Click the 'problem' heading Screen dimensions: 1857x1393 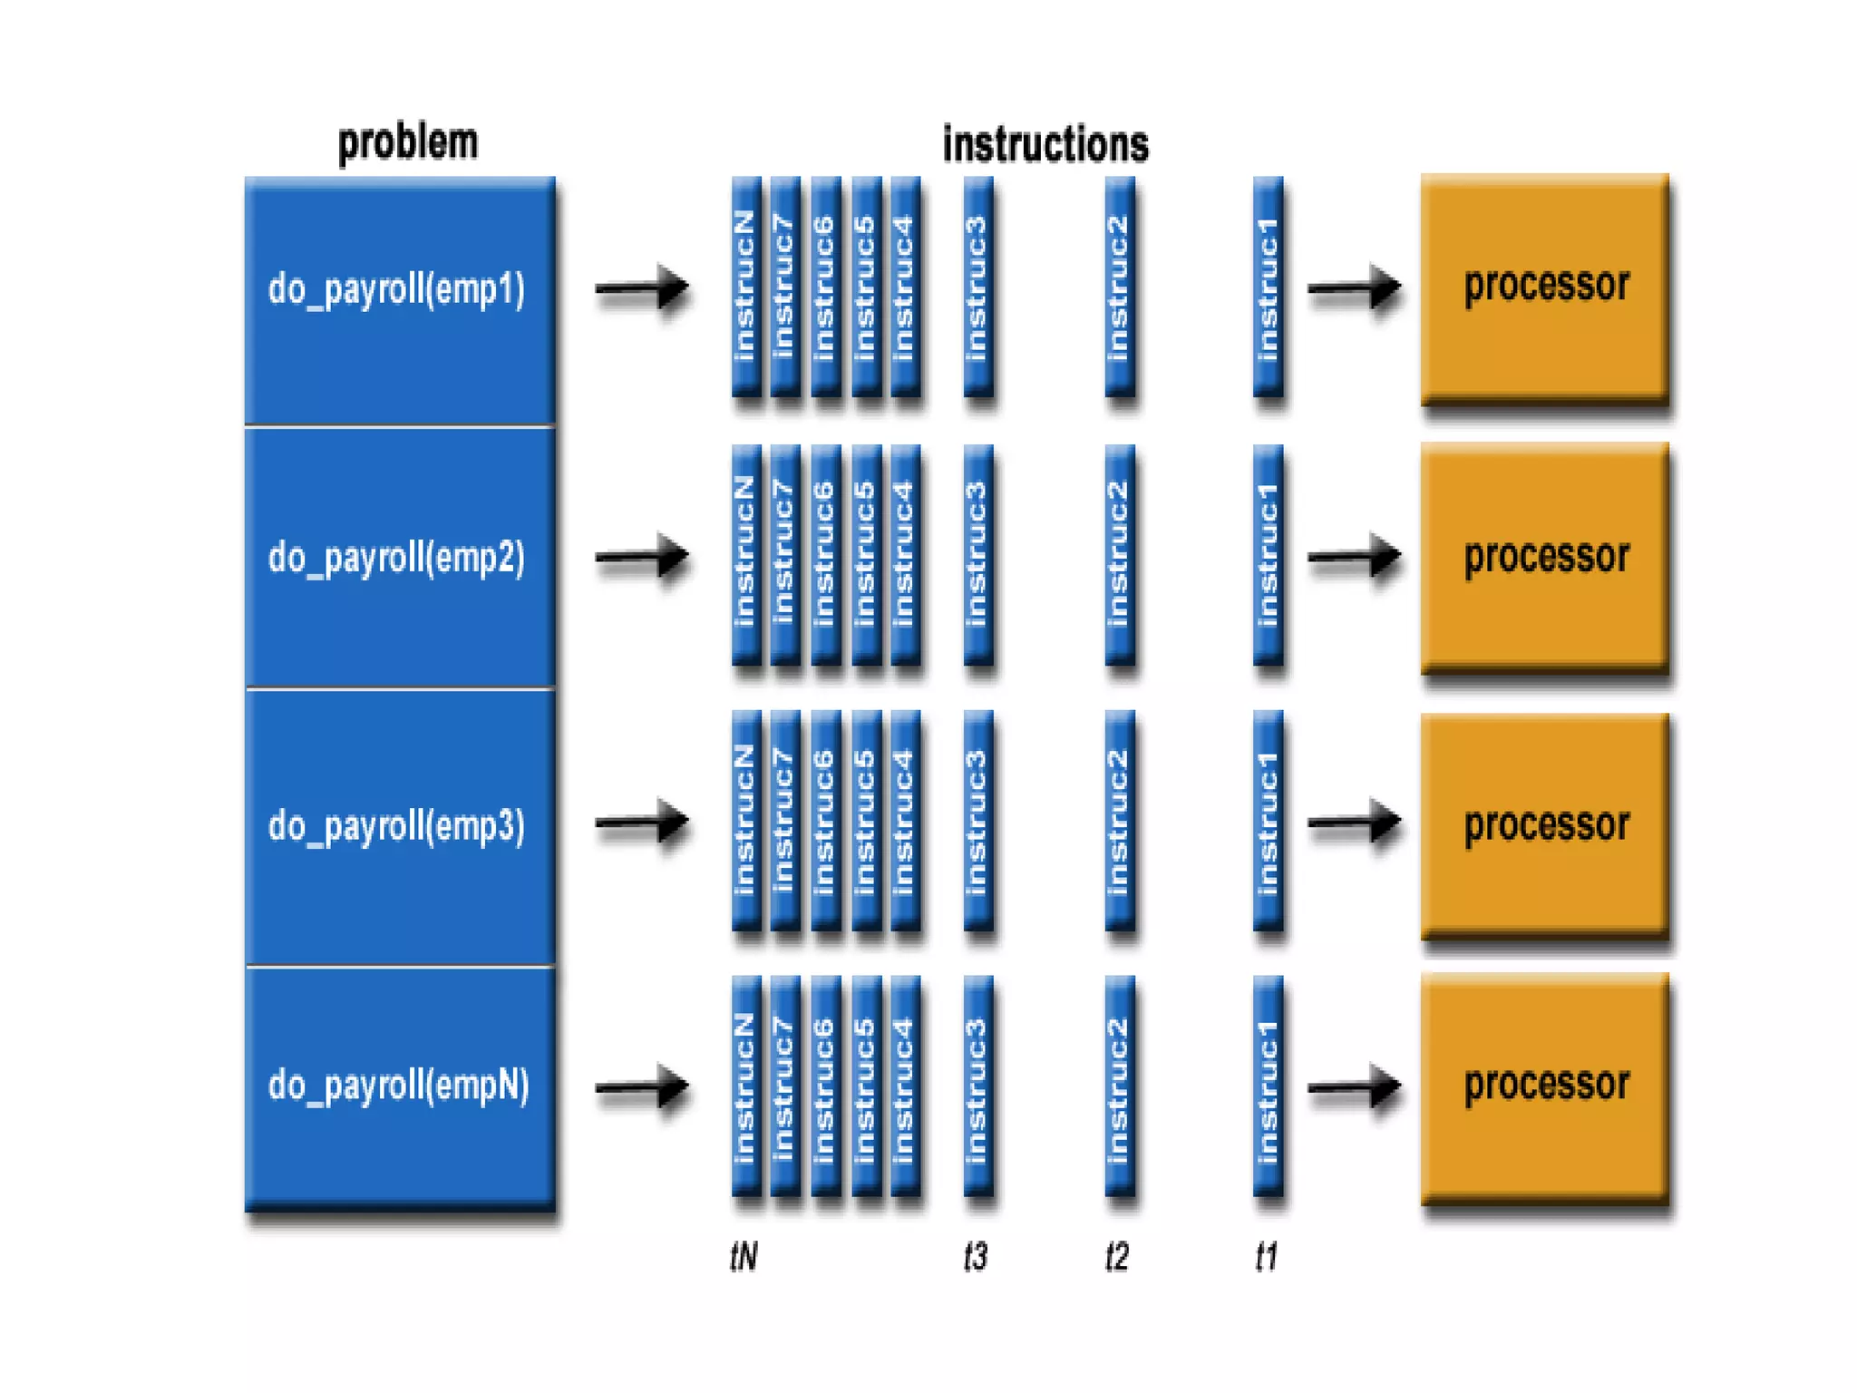click(407, 143)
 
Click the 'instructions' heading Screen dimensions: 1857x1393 click(1045, 143)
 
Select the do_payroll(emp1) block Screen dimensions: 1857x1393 click(400, 301)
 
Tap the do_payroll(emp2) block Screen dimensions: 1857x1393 click(400, 557)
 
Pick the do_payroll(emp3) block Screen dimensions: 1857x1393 click(400, 826)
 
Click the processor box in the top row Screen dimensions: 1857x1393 click(1545, 287)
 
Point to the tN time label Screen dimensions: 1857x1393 click(744, 1257)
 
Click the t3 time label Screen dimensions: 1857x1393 click(976, 1257)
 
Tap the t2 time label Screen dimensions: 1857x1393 click(1117, 1257)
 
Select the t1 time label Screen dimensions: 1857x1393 click(1267, 1257)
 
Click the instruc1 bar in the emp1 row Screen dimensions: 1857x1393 click(1269, 287)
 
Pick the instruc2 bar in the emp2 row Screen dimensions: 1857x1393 click(1120, 555)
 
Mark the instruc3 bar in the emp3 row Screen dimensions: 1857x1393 click(978, 821)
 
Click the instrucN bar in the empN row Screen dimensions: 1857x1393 click(746, 1086)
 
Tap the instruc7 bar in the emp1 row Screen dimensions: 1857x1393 click(785, 287)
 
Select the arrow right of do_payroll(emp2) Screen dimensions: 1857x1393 click(642, 556)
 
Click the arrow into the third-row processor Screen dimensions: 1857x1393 click(1355, 822)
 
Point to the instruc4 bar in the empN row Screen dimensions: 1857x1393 click(906, 1086)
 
